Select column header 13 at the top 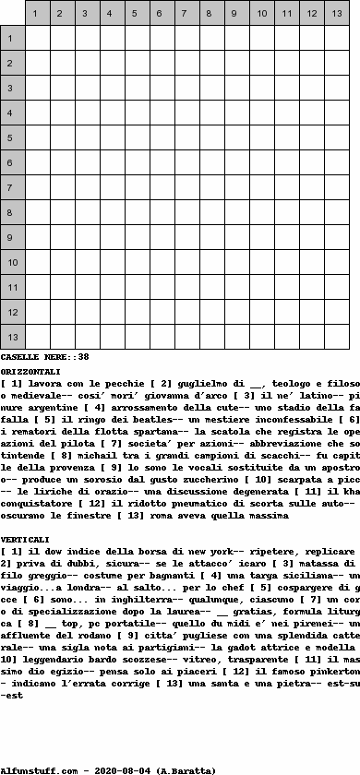[x=336, y=13]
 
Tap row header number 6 [x=12, y=162]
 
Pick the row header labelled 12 [x=12, y=312]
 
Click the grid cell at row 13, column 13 [x=336, y=337]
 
